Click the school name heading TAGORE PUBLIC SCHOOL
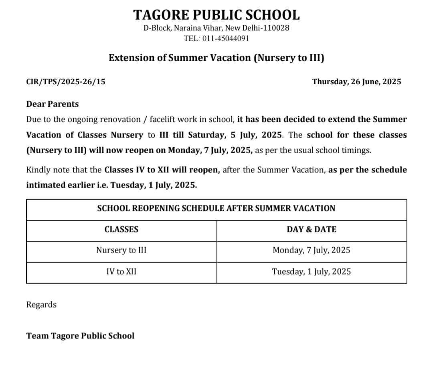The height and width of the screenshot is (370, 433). click(216, 15)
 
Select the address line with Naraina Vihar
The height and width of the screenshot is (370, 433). click(216, 28)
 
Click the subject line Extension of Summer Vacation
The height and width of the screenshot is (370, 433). click(216, 58)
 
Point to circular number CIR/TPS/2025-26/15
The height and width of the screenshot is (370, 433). click(66, 82)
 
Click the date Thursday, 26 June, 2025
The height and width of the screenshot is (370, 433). click(356, 82)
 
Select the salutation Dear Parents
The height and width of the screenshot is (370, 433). click(53, 104)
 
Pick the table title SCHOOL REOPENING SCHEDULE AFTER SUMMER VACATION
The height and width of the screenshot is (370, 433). click(216, 208)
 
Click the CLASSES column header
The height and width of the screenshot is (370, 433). click(121, 230)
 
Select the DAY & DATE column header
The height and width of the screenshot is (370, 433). click(312, 230)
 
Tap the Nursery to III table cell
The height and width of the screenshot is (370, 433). click(121, 250)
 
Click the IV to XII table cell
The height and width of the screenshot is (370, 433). click(121, 272)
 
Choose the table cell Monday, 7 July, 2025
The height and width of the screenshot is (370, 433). click(312, 250)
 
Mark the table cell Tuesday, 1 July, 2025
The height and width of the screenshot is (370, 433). click(312, 272)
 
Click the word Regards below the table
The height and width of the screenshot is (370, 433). click(41, 305)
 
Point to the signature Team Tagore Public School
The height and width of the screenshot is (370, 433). click(80, 336)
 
